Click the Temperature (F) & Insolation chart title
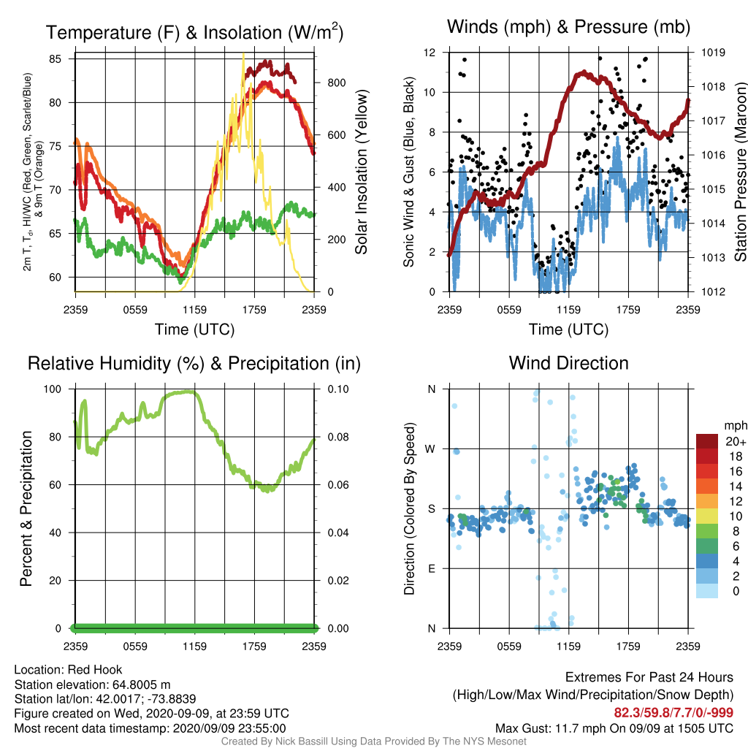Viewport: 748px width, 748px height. click(x=194, y=32)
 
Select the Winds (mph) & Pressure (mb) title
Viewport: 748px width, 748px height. click(x=568, y=27)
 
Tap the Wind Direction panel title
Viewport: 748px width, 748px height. click(x=568, y=363)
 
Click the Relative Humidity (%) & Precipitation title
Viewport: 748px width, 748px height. click(x=194, y=364)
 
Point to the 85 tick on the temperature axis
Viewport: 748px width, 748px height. click(x=55, y=58)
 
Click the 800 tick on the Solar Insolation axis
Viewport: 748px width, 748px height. click(x=336, y=83)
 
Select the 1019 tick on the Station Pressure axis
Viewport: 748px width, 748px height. click(x=713, y=53)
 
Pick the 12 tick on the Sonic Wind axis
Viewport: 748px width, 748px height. click(x=430, y=53)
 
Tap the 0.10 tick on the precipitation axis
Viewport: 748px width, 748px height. click(x=337, y=389)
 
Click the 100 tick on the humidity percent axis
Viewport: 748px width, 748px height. click(x=53, y=389)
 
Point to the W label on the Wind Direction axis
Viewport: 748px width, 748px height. click(x=430, y=449)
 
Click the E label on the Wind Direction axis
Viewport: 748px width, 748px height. click(x=431, y=568)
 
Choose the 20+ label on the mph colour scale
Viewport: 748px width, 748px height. click(x=736, y=442)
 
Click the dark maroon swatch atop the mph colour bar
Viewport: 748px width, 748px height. click(x=707, y=441)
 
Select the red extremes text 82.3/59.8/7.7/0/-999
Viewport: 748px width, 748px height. click(x=673, y=713)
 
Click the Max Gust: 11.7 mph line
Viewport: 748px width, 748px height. click(x=614, y=728)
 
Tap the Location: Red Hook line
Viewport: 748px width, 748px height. click(x=68, y=670)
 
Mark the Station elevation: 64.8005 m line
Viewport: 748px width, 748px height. click(x=93, y=684)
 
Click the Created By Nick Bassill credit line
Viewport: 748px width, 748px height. click(x=373, y=741)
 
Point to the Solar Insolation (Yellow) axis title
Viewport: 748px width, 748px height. click(x=362, y=172)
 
